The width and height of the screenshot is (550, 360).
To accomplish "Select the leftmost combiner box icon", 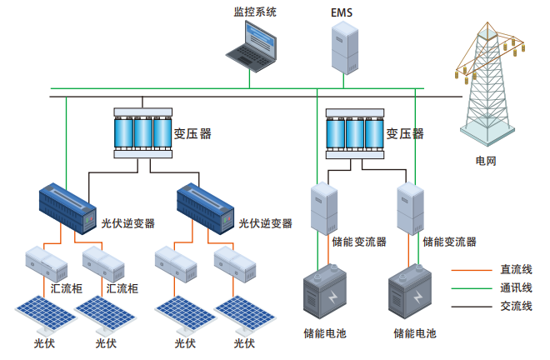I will (46, 262).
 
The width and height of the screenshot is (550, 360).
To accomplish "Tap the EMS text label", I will (342, 12).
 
